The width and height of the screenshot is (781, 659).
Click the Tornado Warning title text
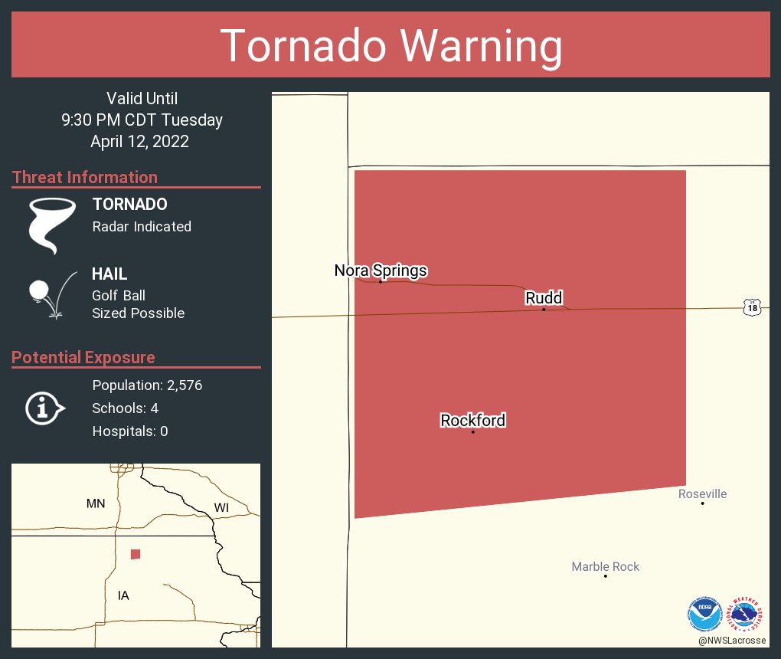(x=390, y=46)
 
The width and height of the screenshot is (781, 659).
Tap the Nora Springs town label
(x=381, y=270)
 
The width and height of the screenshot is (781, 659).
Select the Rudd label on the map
(x=544, y=297)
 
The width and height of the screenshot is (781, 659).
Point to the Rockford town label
(x=472, y=420)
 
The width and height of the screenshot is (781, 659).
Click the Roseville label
(x=702, y=493)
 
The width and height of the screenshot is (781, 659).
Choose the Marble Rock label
(x=605, y=566)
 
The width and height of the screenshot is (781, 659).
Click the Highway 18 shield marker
(x=752, y=307)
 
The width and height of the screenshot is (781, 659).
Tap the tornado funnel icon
(x=52, y=225)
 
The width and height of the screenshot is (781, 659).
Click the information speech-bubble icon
(x=44, y=408)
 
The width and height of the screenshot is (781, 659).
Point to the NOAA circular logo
(x=704, y=615)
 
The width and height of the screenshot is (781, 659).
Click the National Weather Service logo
(x=747, y=615)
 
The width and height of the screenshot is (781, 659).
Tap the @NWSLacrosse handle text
(x=732, y=640)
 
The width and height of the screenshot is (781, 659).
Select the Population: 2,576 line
(x=147, y=385)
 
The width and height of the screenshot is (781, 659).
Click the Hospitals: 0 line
(x=130, y=431)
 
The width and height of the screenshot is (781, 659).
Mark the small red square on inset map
(x=136, y=554)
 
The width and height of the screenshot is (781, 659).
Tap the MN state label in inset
(x=96, y=503)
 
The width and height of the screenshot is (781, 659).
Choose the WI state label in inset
(x=221, y=507)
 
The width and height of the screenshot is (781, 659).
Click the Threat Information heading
(x=85, y=177)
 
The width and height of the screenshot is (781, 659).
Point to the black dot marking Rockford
(x=472, y=432)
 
